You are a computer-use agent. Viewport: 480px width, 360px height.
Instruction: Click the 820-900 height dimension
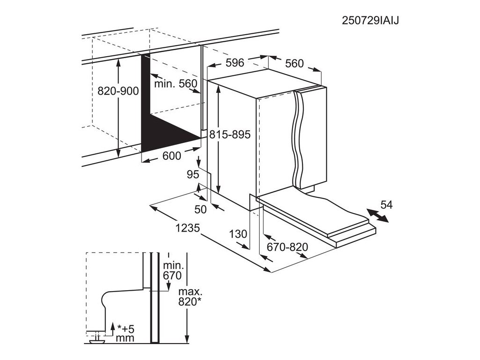coord(118,91)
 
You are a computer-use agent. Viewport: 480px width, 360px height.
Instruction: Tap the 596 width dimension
coord(234,62)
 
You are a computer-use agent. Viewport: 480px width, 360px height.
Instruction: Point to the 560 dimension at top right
coord(294,63)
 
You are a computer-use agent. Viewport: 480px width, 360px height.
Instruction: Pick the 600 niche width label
coord(171,156)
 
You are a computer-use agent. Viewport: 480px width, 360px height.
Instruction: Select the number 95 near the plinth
coord(193,175)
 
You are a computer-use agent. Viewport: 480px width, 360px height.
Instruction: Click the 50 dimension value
coord(201,209)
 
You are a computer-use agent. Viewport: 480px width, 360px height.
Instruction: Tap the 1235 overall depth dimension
coord(188,228)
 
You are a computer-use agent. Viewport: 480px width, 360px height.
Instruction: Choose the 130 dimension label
coord(239,234)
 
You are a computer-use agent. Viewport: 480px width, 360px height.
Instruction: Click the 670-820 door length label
coord(286,247)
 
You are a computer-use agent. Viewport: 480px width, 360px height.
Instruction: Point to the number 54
coord(386,204)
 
